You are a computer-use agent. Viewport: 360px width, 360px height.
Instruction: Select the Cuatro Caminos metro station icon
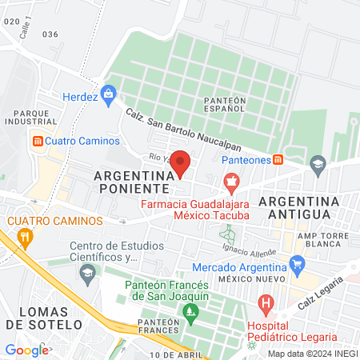tap(36, 141)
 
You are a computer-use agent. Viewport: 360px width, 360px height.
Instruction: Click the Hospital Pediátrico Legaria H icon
tap(267, 304)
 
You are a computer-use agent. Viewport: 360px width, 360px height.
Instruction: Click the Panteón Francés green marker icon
tap(190, 310)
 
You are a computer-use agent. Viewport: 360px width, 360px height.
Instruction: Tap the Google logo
tap(26, 350)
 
